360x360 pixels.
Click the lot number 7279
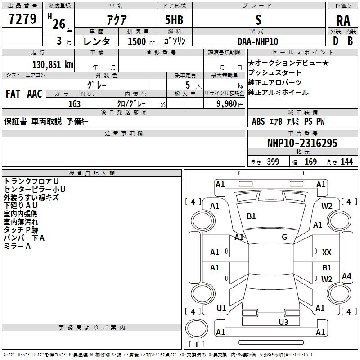[x=22, y=19]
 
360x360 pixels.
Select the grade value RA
[x=343, y=21]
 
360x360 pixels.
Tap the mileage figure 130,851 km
[x=53, y=64]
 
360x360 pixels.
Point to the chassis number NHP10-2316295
[x=302, y=143]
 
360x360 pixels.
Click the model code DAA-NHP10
[x=258, y=41]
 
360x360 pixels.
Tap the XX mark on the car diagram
[x=327, y=253]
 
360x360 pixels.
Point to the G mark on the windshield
[x=284, y=237]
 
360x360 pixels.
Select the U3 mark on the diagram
[x=283, y=322]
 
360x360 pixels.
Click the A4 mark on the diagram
[x=346, y=276]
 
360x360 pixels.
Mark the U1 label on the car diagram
[x=221, y=308]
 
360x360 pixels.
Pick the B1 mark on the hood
[x=251, y=216]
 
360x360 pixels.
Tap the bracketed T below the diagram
[x=197, y=344]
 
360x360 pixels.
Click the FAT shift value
[x=13, y=94]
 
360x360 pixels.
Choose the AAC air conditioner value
[x=35, y=94]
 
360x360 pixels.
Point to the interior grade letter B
[x=350, y=41]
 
